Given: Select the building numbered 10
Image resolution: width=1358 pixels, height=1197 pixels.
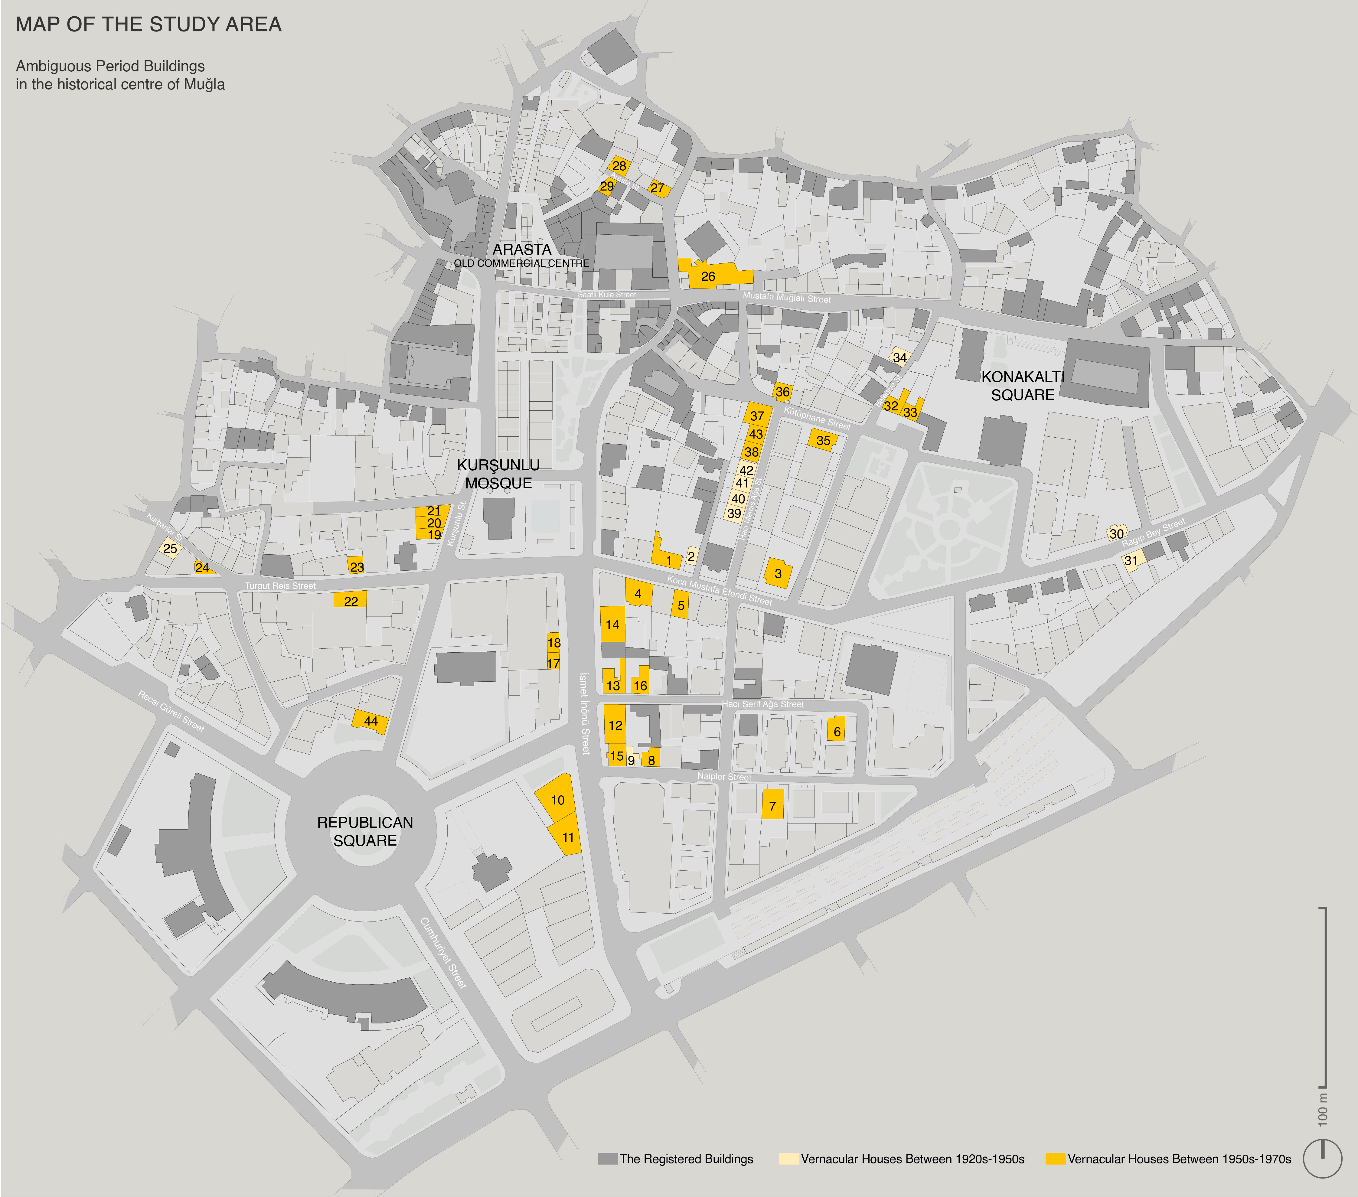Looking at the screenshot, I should point(557,800).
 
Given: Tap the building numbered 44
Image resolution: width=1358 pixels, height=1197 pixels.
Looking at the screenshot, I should point(371,721).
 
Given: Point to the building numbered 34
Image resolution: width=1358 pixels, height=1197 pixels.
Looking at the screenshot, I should point(899,357).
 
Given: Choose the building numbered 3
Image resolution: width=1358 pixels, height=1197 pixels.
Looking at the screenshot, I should point(778,573).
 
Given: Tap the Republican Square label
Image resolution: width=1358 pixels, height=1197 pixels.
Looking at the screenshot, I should point(365,831).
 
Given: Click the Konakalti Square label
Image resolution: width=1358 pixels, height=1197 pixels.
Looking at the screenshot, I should point(1023,386).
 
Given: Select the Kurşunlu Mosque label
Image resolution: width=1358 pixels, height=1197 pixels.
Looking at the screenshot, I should point(498,474).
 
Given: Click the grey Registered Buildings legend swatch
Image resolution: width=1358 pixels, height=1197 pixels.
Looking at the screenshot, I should point(607,1159).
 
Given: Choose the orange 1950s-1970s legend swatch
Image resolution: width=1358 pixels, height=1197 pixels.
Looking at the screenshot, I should point(1055,1159).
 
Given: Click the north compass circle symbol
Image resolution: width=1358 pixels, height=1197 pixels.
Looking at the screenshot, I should point(1322,1158).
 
